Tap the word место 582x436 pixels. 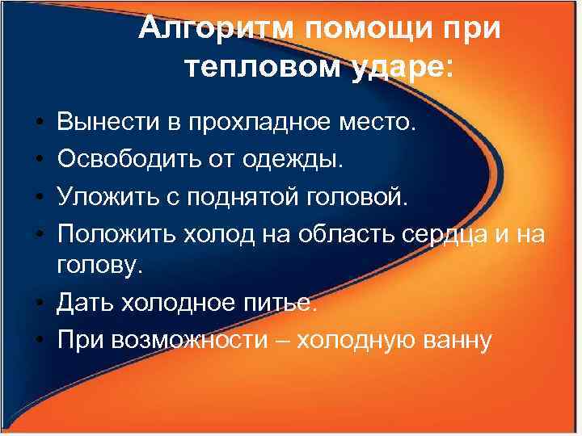380,123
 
